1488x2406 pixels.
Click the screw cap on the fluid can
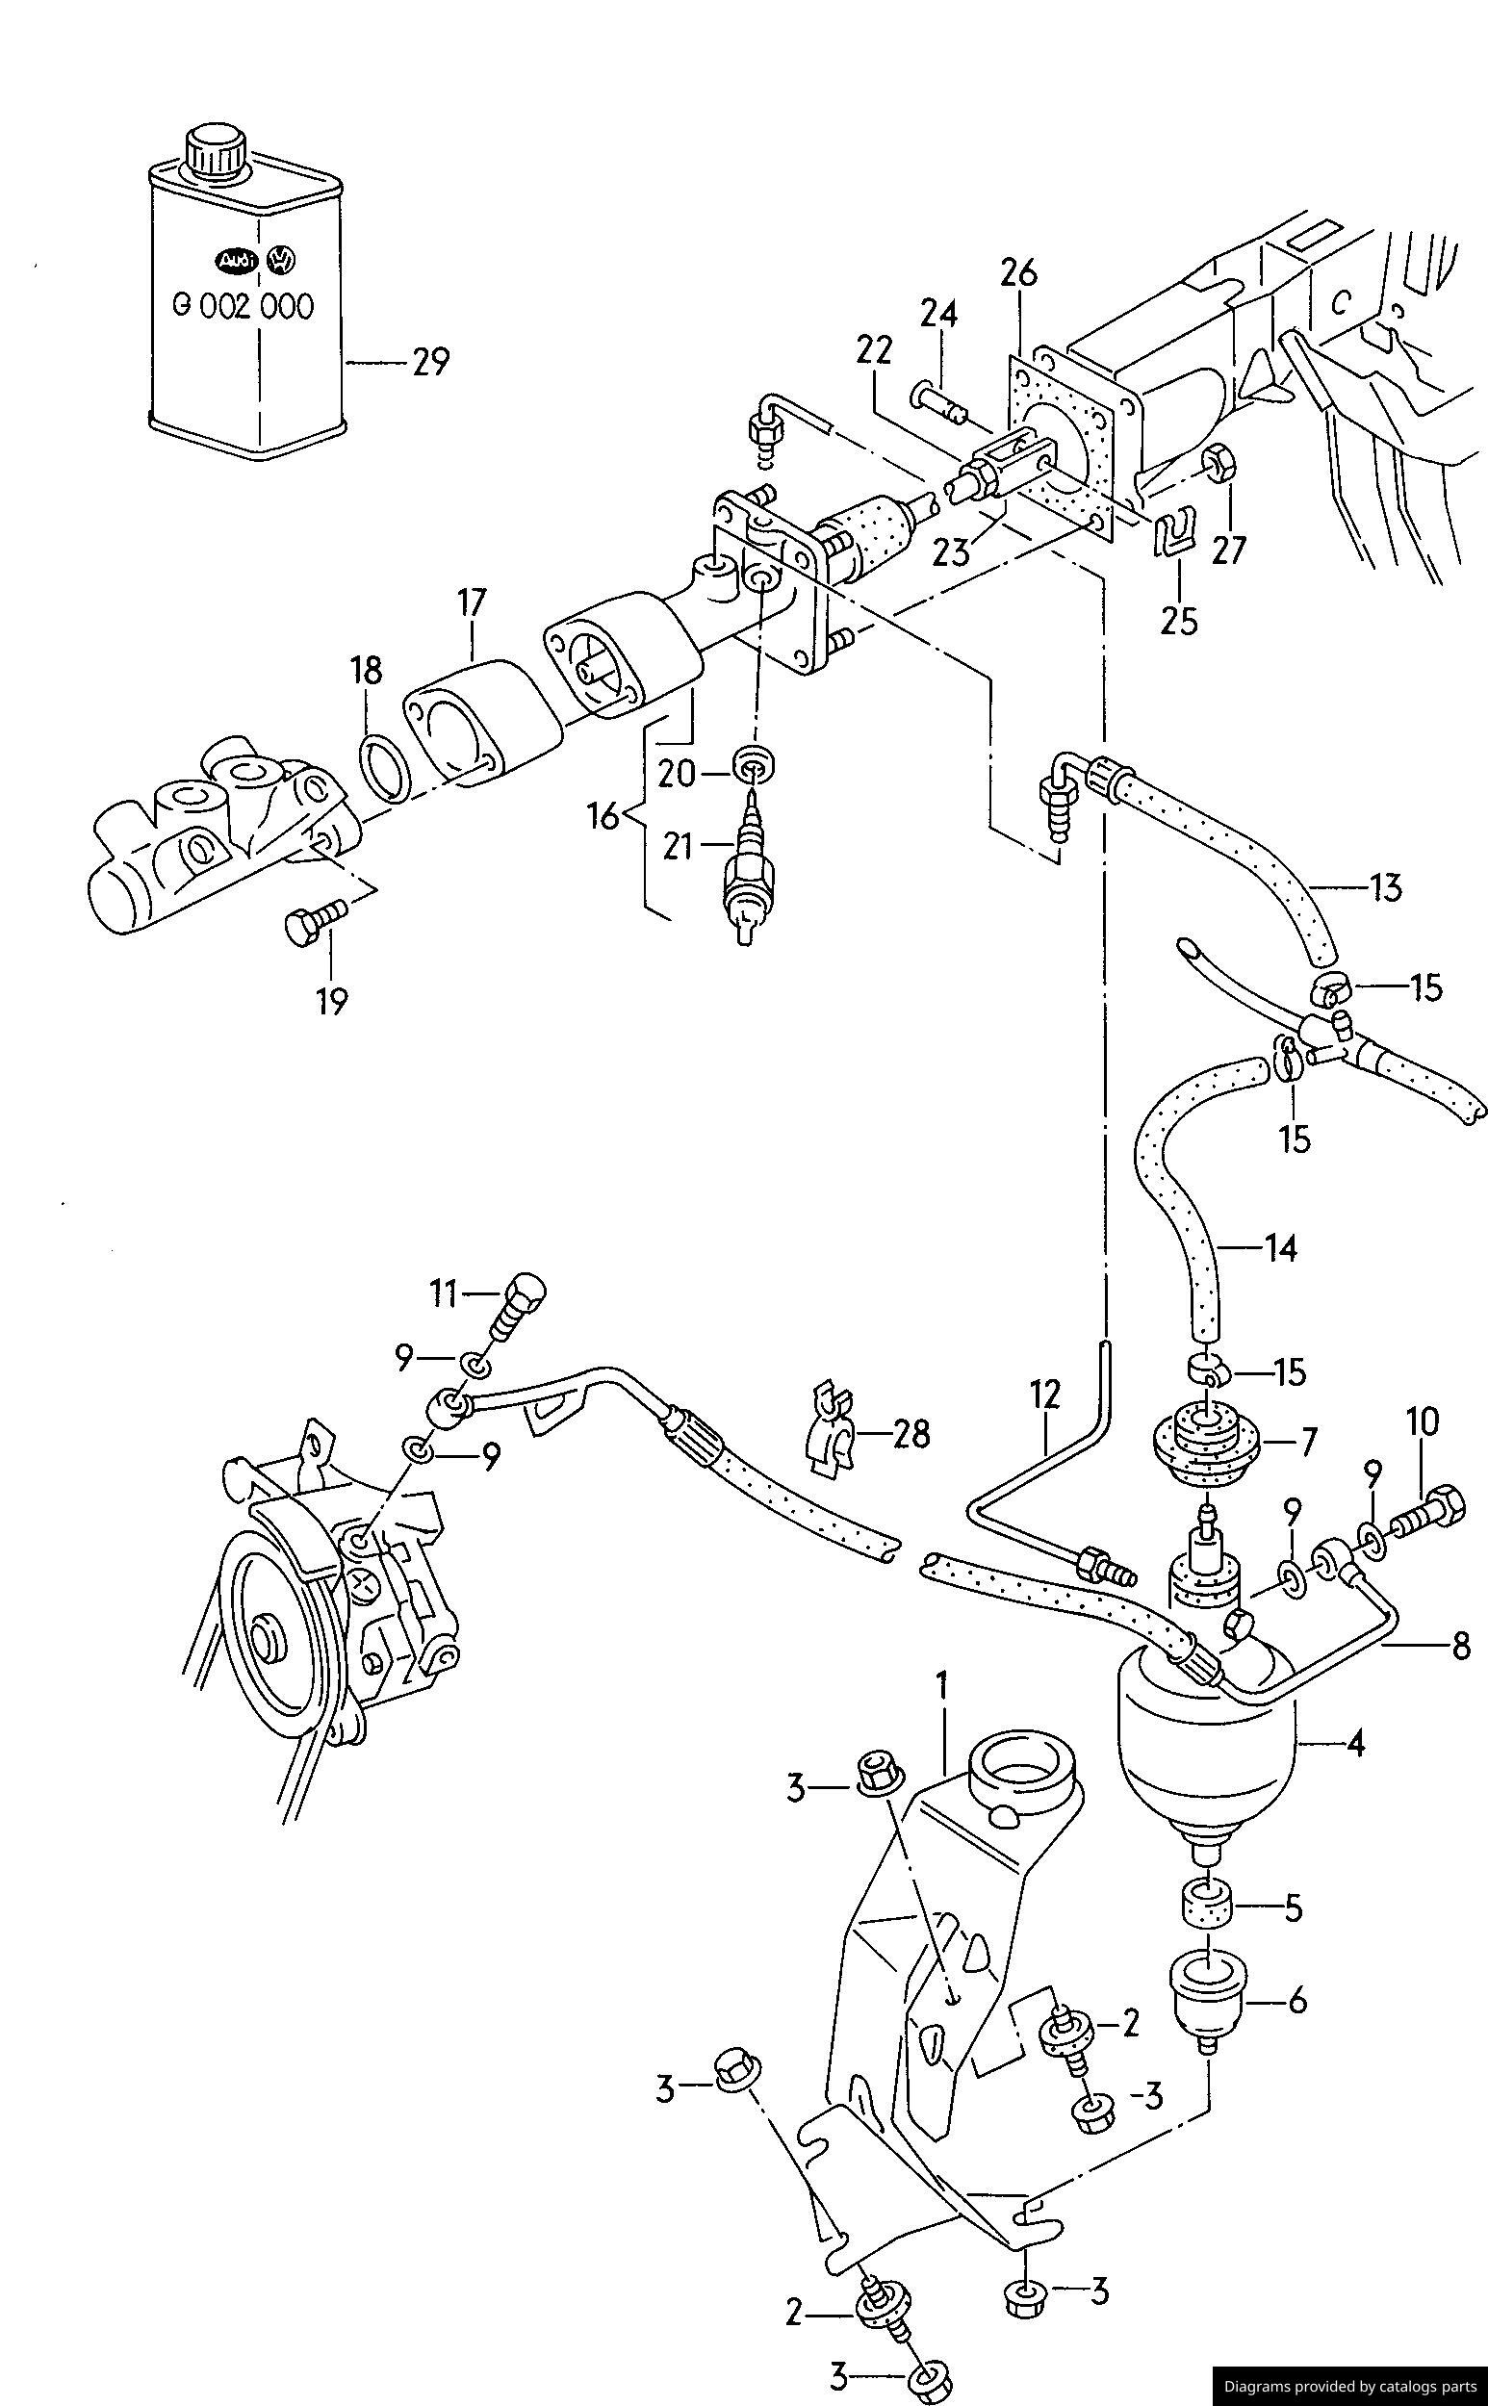tap(217, 150)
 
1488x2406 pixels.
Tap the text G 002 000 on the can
tap(244, 306)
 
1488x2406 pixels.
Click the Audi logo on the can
tap(236, 261)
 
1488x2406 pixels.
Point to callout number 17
tap(472, 601)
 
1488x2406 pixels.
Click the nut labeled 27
tap(1220, 462)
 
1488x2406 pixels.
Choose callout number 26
tap(1019, 272)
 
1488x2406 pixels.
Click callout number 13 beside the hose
tap(1385, 888)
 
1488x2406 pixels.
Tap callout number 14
tap(1280, 1249)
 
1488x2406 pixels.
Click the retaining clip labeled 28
tap(828, 1434)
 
